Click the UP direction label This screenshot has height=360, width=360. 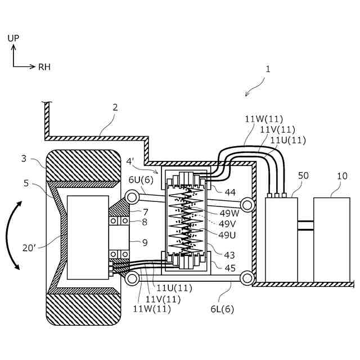(13, 38)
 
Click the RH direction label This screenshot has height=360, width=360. (44, 67)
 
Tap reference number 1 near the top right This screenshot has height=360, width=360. (268, 69)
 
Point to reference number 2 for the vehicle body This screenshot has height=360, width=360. (115, 107)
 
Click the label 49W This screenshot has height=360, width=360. (229, 213)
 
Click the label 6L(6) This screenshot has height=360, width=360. (223, 309)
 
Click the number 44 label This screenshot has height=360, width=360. (230, 192)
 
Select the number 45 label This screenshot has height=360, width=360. (230, 268)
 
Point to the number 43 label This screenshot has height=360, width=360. (229, 255)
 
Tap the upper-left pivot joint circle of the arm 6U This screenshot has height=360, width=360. (133, 196)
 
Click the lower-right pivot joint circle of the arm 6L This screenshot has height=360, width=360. (246, 277)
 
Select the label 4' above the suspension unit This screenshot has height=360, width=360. (130, 161)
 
